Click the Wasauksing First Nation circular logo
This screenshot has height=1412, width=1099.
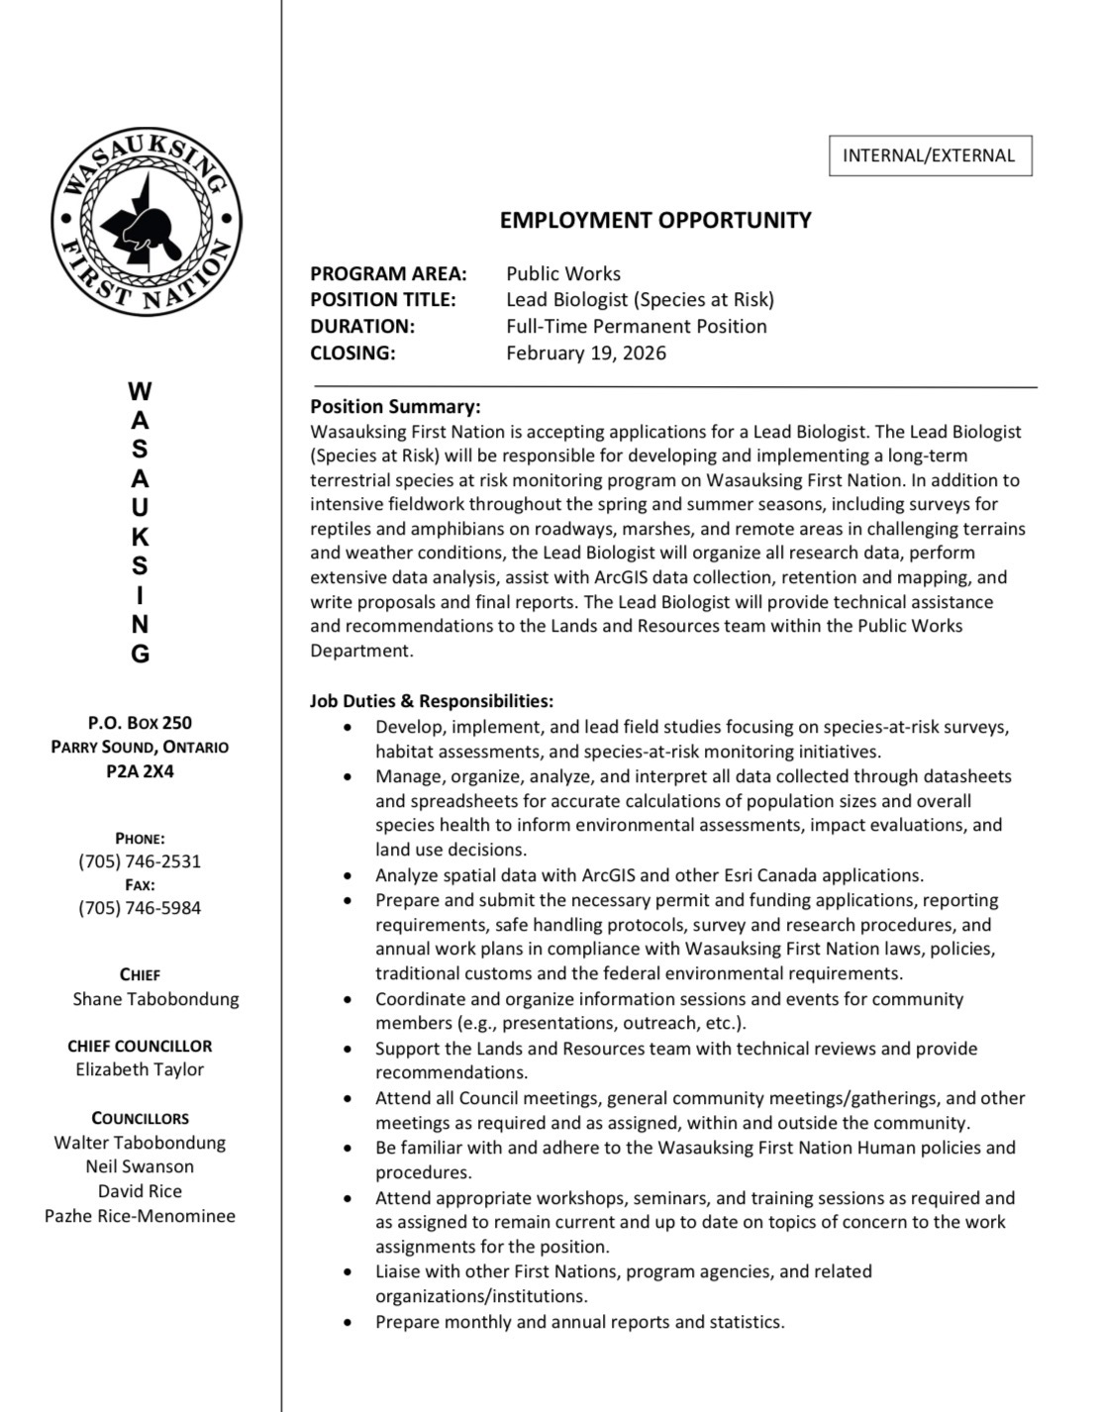(147, 222)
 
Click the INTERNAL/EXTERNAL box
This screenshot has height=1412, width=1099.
(930, 155)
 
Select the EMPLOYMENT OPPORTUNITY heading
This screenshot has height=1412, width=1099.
(655, 220)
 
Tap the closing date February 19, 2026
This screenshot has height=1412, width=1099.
(586, 353)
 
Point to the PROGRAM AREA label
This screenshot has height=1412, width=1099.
(388, 273)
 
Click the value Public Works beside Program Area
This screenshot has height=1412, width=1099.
(563, 273)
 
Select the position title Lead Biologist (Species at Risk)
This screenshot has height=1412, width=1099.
(640, 299)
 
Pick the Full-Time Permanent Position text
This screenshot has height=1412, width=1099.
(636, 326)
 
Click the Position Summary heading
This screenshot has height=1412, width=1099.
(395, 406)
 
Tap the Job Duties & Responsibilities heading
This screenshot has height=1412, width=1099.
(432, 701)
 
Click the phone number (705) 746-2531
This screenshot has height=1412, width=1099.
(140, 860)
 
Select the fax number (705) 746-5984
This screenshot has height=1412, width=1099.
(140, 907)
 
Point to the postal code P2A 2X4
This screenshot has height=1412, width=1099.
(140, 770)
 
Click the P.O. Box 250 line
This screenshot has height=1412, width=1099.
(140, 723)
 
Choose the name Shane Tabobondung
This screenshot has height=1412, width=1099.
(155, 998)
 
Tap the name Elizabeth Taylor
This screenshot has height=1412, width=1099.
(140, 1069)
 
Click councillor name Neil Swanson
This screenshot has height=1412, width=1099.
(140, 1166)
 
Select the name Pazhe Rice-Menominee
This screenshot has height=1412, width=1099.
(140, 1215)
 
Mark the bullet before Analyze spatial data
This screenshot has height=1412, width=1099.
(347, 875)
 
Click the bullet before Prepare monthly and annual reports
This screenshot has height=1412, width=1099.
(347, 1322)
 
